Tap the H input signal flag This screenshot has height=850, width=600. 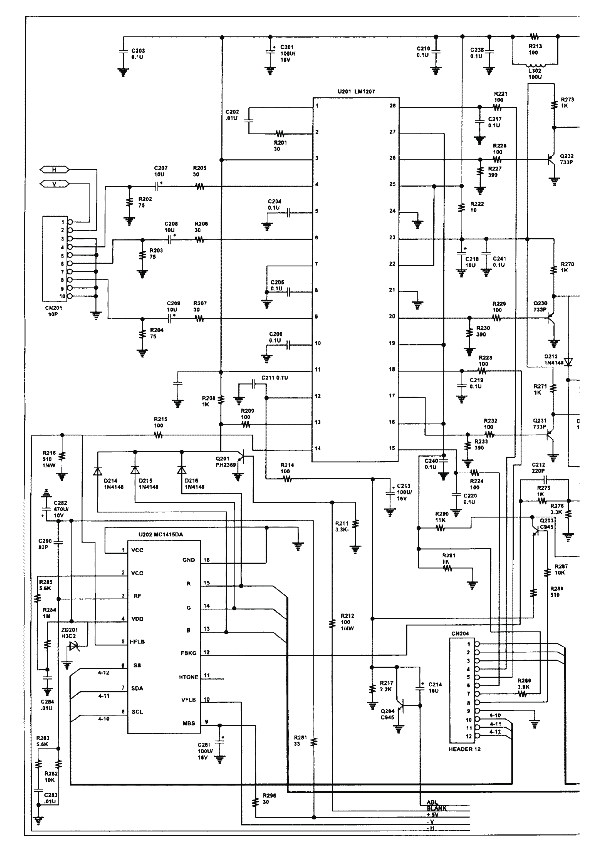click(54, 169)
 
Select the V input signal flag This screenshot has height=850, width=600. click(54, 184)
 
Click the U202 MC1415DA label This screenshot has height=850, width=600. click(161, 535)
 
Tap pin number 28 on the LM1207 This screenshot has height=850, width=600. click(392, 106)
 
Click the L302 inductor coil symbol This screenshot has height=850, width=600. click(535, 65)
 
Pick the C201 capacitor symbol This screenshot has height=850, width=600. click(270, 52)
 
